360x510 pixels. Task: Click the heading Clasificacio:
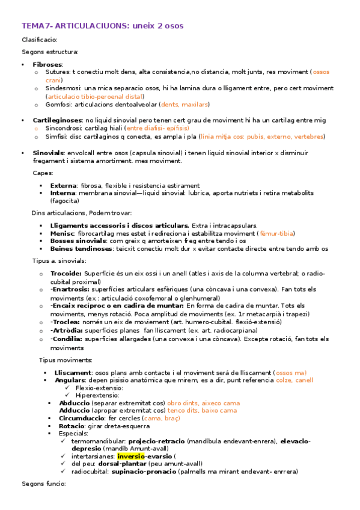tap(40, 40)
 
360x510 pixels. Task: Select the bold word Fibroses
tap(47, 64)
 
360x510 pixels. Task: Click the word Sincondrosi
tap(66, 128)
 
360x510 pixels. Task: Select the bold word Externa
tap(63, 185)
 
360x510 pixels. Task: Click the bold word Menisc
tap(63, 233)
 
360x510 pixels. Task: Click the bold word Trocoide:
tap(66, 273)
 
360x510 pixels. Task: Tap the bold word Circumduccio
tap(82, 417)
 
